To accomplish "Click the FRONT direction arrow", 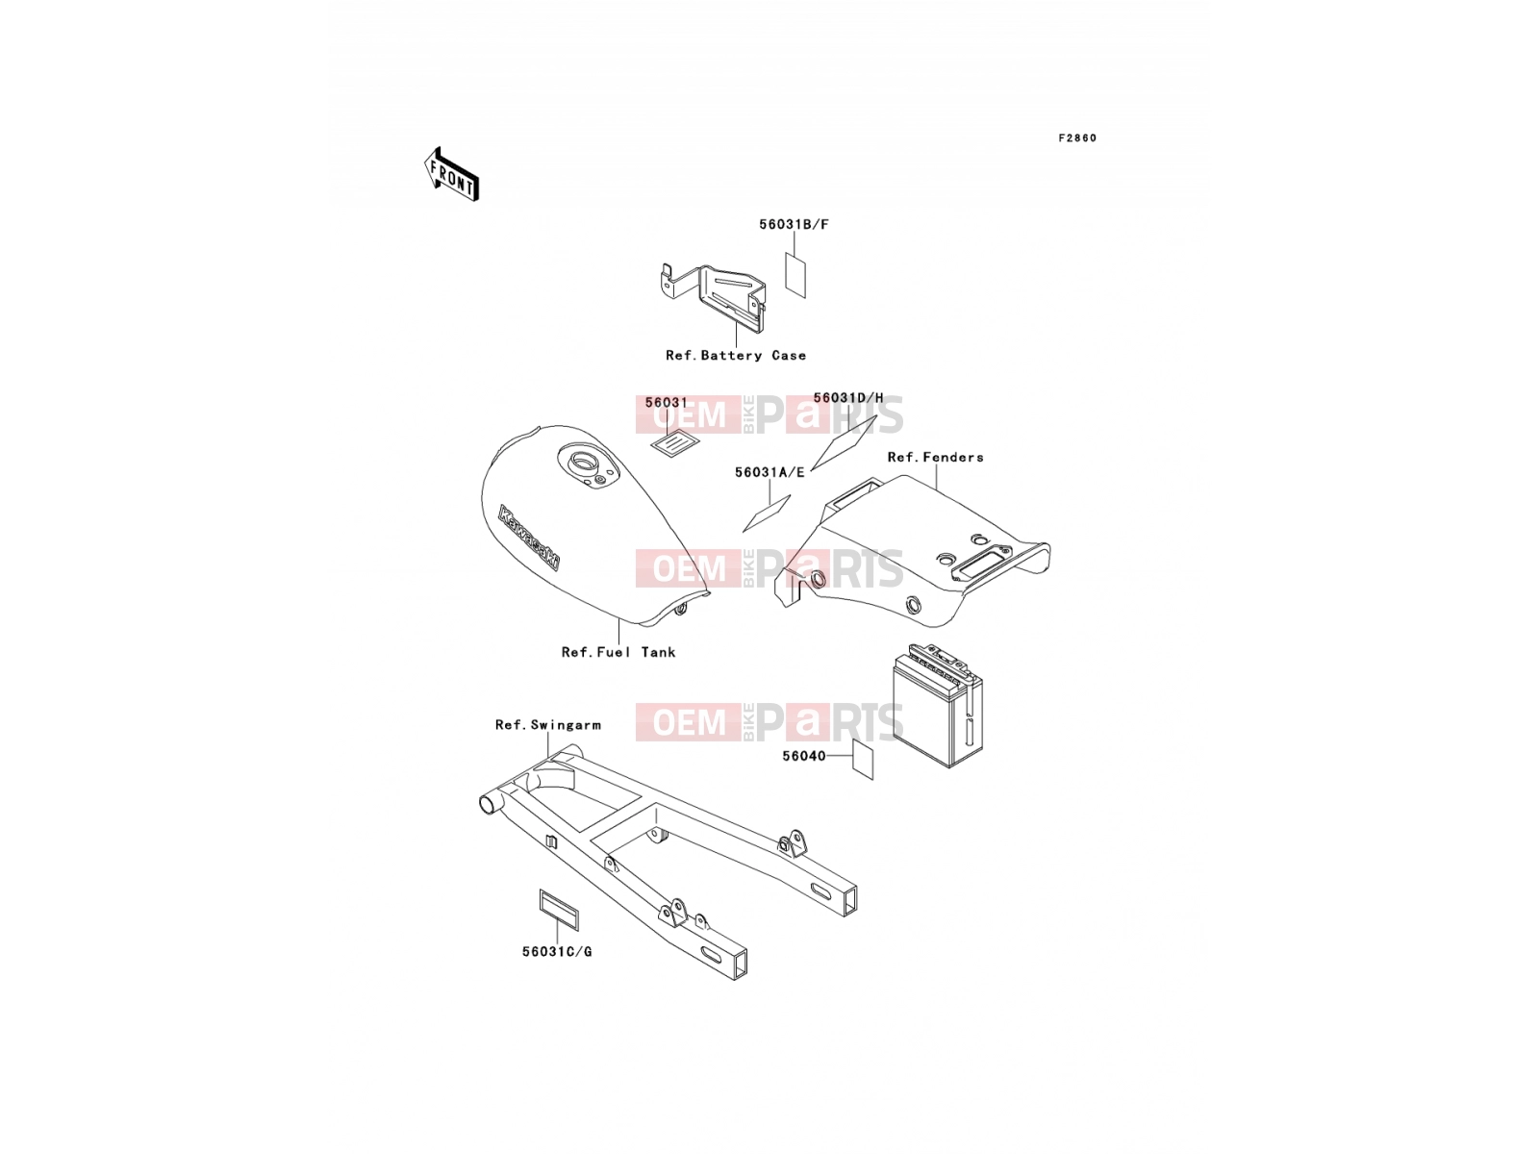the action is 451,174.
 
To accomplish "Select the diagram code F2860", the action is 1077,138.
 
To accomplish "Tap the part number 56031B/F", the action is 794,224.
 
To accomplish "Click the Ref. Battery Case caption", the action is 736,355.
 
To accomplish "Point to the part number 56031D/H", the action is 848,398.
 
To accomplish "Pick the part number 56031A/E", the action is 769,472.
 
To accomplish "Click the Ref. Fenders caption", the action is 935,457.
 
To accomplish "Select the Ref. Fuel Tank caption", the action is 618,652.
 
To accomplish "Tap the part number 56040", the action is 803,756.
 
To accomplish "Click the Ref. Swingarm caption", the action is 547,724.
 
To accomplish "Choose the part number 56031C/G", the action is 557,951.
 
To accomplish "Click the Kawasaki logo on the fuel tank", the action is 529,538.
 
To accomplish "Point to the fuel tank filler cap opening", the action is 583,462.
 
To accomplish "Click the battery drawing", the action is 937,706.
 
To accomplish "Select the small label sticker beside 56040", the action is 863,759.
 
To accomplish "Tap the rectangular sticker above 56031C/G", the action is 559,910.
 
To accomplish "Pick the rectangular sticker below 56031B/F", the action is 795,275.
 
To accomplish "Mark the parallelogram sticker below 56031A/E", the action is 767,514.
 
